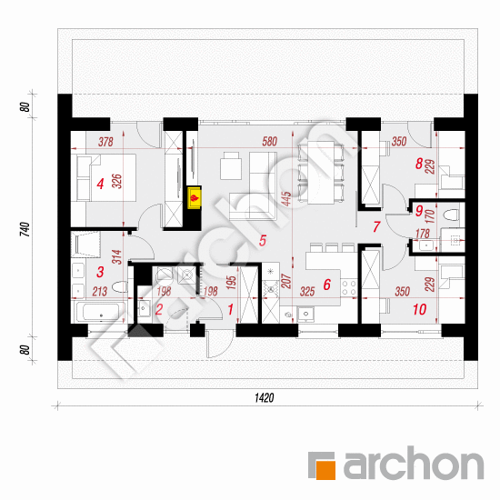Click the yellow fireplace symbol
(195, 198)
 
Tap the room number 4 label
(100, 184)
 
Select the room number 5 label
(263, 241)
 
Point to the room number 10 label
(419, 309)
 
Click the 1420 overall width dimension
(264, 397)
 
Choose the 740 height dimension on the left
(25, 229)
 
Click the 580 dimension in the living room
(269, 141)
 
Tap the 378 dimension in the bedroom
(105, 142)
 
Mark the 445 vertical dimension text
(286, 199)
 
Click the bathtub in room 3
(99, 312)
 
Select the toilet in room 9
(452, 215)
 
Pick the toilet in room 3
(121, 287)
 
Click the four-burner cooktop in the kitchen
(348, 287)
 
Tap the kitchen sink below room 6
(305, 315)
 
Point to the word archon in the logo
(414, 464)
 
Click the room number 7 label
(376, 226)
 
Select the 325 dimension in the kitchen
(307, 292)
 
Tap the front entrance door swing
(218, 344)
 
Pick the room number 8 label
(419, 164)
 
